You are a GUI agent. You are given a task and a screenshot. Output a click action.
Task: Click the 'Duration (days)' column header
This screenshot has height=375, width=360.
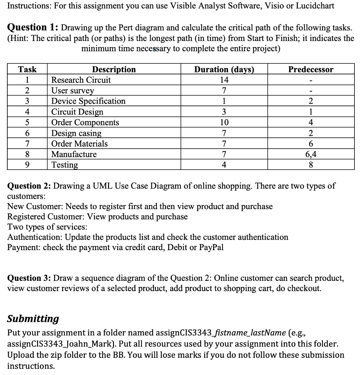[x=224, y=69]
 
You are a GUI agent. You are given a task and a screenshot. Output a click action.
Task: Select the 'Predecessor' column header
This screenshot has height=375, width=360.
[x=311, y=69]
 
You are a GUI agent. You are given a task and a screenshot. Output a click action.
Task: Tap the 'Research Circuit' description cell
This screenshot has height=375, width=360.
[x=81, y=80]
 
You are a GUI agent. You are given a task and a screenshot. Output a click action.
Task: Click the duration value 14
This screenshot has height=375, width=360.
[x=224, y=80]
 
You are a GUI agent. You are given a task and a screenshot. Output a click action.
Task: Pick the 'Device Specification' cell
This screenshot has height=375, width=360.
[x=88, y=101]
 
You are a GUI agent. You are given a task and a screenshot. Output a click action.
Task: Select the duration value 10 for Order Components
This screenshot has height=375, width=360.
[x=224, y=122]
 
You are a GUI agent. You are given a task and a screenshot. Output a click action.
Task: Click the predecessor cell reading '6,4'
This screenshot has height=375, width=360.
[x=311, y=154]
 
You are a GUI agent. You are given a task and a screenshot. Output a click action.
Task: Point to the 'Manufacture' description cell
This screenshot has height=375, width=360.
[x=74, y=154]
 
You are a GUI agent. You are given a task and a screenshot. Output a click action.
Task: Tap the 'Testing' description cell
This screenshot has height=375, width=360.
[x=65, y=165]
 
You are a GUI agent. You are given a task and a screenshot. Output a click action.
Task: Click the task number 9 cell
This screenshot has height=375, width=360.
[x=27, y=165]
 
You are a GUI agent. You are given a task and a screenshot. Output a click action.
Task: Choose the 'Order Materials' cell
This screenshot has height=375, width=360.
[x=79, y=144]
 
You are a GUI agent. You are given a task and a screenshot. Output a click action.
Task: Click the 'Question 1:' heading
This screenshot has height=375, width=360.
[x=33, y=27]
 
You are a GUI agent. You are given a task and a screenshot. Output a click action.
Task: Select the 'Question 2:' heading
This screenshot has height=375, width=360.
[x=30, y=186]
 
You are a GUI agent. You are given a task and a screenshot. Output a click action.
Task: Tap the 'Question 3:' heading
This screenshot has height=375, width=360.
[x=30, y=278]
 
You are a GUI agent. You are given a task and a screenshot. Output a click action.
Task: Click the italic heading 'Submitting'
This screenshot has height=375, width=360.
[x=33, y=319]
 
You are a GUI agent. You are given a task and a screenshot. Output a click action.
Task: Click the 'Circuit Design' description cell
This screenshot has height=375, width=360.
[x=77, y=112]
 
